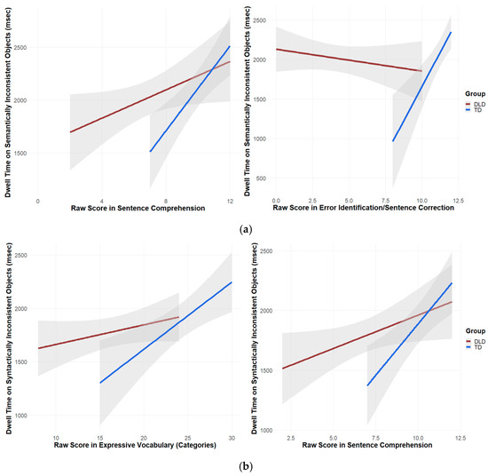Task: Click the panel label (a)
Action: (246, 230)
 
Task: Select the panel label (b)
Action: (246, 466)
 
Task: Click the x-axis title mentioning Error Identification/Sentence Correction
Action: (363, 208)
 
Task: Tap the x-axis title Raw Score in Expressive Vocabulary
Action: (135, 445)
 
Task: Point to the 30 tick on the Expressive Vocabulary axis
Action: (232, 438)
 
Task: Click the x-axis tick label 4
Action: (102, 202)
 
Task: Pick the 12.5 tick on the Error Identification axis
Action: (458, 201)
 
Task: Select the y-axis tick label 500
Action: (262, 178)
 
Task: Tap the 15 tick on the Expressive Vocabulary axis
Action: (100, 438)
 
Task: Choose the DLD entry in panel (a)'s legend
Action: (476, 105)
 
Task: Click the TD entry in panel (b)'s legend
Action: (474, 347)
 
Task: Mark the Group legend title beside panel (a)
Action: (476, 94)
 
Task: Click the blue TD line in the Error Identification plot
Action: (421, 87)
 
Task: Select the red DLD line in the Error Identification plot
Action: (349, 60)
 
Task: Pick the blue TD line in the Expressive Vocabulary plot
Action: (166, 332)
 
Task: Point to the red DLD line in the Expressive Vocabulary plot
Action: (108, 333)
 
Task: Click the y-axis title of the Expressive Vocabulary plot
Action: (9, 338)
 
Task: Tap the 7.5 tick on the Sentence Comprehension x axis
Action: (375, 438)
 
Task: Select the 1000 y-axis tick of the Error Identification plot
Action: (261, 139)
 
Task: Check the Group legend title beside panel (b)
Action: (476, 331)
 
